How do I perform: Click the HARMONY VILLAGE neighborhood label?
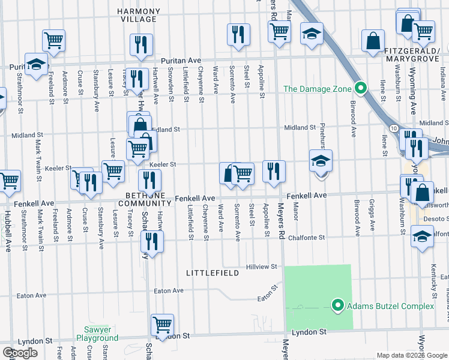139,15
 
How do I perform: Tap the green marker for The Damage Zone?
360,89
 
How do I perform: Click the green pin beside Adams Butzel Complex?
337,307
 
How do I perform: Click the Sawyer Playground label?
97,334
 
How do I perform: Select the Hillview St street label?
261,266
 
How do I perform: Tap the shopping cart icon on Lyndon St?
163,325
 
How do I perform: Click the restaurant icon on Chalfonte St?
152,241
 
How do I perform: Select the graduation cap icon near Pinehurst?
321,160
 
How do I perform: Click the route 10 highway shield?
392,128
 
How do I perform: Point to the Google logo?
20,353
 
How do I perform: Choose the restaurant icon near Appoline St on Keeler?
273,171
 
